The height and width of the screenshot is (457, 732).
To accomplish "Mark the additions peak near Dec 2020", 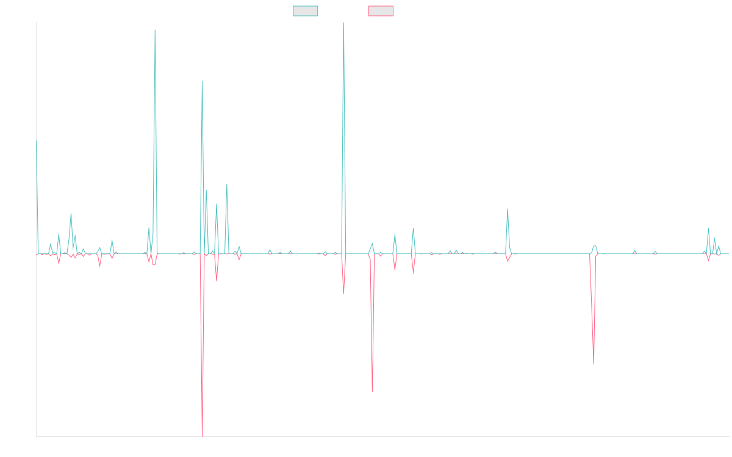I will click(x=155, y=30).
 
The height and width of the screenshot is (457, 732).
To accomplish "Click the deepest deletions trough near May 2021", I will click(x=202, y=436).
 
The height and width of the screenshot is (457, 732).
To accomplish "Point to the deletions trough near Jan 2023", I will click(x=372, y=392).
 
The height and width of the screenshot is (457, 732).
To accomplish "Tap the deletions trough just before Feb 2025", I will click(x=594, y=364).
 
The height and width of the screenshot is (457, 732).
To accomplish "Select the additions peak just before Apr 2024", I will click(x=508, y=209).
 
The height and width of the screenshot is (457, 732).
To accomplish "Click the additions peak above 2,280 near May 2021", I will click(x=203, y=81).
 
